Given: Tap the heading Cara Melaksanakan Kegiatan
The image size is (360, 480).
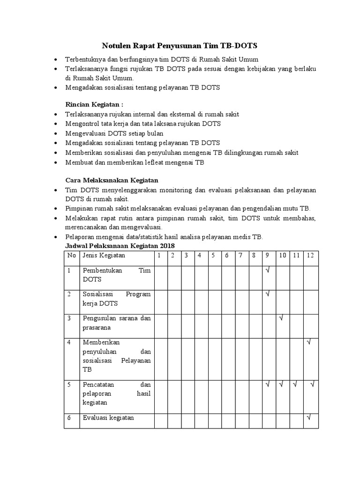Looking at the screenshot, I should tap(112, 180).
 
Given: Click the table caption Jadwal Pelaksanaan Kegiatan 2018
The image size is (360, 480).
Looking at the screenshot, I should tap(119, 246).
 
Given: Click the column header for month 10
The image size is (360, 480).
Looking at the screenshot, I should tap(283, 255).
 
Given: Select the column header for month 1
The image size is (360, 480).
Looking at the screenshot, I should tap(159, 255).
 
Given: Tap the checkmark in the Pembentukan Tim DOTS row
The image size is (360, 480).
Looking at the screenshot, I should tap(267, 270).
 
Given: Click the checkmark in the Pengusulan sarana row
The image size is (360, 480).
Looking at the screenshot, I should tap(282, 318).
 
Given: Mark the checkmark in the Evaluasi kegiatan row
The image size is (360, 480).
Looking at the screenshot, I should tap(309, 417).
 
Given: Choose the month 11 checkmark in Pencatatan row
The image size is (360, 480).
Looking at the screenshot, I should tap(295, 385).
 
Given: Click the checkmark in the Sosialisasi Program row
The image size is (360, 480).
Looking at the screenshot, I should tap(267, 294).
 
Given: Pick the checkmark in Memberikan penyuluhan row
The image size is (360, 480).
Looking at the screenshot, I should tap(309, 343).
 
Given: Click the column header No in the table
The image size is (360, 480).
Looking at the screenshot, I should tap(71, 255).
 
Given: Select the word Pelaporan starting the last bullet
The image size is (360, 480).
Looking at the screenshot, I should tap(80, 236).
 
